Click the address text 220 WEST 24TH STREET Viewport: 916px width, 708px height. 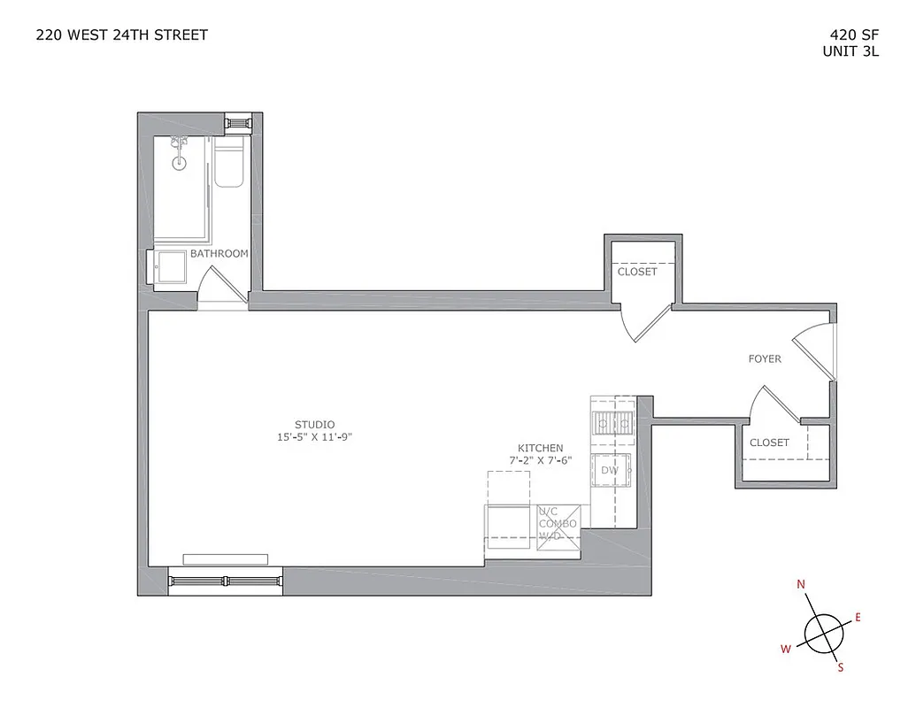[x=121, y=35]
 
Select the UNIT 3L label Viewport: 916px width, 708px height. [x=851, y=51]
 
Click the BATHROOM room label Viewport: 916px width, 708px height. [x=219, y=254]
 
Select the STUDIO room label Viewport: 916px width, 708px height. [x=315, y=424]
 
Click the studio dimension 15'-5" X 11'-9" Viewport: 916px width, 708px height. [x=315, y=437]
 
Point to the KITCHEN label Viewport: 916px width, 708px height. [x=541, y=449]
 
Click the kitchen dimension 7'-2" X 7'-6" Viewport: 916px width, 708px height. [x=541, y=461]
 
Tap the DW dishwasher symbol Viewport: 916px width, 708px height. [x=611, y=470]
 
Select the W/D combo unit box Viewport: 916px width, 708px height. [x=558, y=525]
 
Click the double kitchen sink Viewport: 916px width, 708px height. [x=612, y=425]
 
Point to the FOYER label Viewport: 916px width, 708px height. [x=765, y=359]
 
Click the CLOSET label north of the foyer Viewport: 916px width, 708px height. [x=637, y=272]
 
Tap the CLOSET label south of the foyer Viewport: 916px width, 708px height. [x=769, y=442]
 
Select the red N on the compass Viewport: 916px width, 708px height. [x=801, y=584]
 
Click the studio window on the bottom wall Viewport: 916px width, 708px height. [x=226, y=581]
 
